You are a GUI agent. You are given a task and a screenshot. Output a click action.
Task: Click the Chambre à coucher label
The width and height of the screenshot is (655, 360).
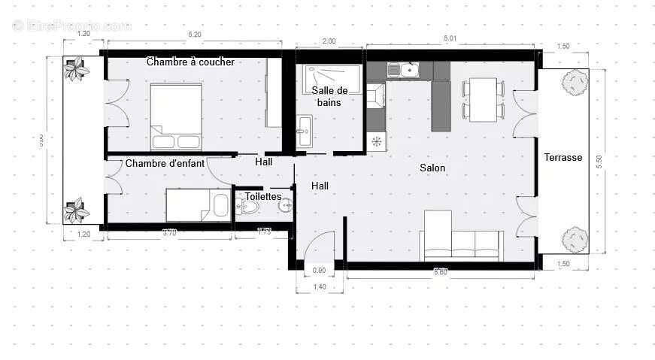(190, 62)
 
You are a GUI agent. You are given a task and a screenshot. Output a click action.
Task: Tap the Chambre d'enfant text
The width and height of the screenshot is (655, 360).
(165, 163)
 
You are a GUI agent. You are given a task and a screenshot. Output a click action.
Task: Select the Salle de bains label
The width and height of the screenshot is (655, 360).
(328, 95)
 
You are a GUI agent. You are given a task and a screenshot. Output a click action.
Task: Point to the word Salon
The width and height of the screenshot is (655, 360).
(432, 168)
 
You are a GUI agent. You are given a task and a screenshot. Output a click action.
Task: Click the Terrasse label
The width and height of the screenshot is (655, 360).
(563, 157)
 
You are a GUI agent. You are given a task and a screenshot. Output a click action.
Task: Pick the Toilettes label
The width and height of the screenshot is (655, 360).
(263, 196)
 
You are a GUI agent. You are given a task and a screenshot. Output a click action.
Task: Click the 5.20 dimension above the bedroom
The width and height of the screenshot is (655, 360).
(194, 35)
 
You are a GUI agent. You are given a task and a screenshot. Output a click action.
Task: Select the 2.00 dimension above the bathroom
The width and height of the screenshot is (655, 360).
(329, 41)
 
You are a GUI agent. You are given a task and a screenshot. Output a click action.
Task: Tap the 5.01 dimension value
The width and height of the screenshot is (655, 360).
(450, 38)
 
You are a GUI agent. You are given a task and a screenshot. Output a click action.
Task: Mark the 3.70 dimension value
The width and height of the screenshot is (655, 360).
(169, 234)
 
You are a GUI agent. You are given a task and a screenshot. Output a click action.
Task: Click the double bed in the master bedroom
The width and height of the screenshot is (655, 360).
(176, 116)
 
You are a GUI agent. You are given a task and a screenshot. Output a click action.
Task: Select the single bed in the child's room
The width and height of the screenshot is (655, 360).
(197, 204)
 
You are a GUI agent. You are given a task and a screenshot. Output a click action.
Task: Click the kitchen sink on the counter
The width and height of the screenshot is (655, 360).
(403, 70)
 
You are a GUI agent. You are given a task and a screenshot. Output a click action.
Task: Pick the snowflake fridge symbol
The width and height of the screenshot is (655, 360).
(376, 141)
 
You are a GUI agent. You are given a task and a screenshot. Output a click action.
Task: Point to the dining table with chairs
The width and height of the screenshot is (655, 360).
(481, 99)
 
